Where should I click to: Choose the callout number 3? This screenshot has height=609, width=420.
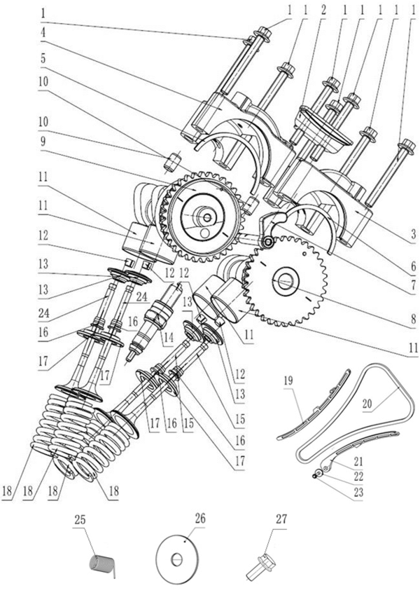pos(414,233)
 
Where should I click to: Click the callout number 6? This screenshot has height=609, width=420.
pos(414,267)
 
